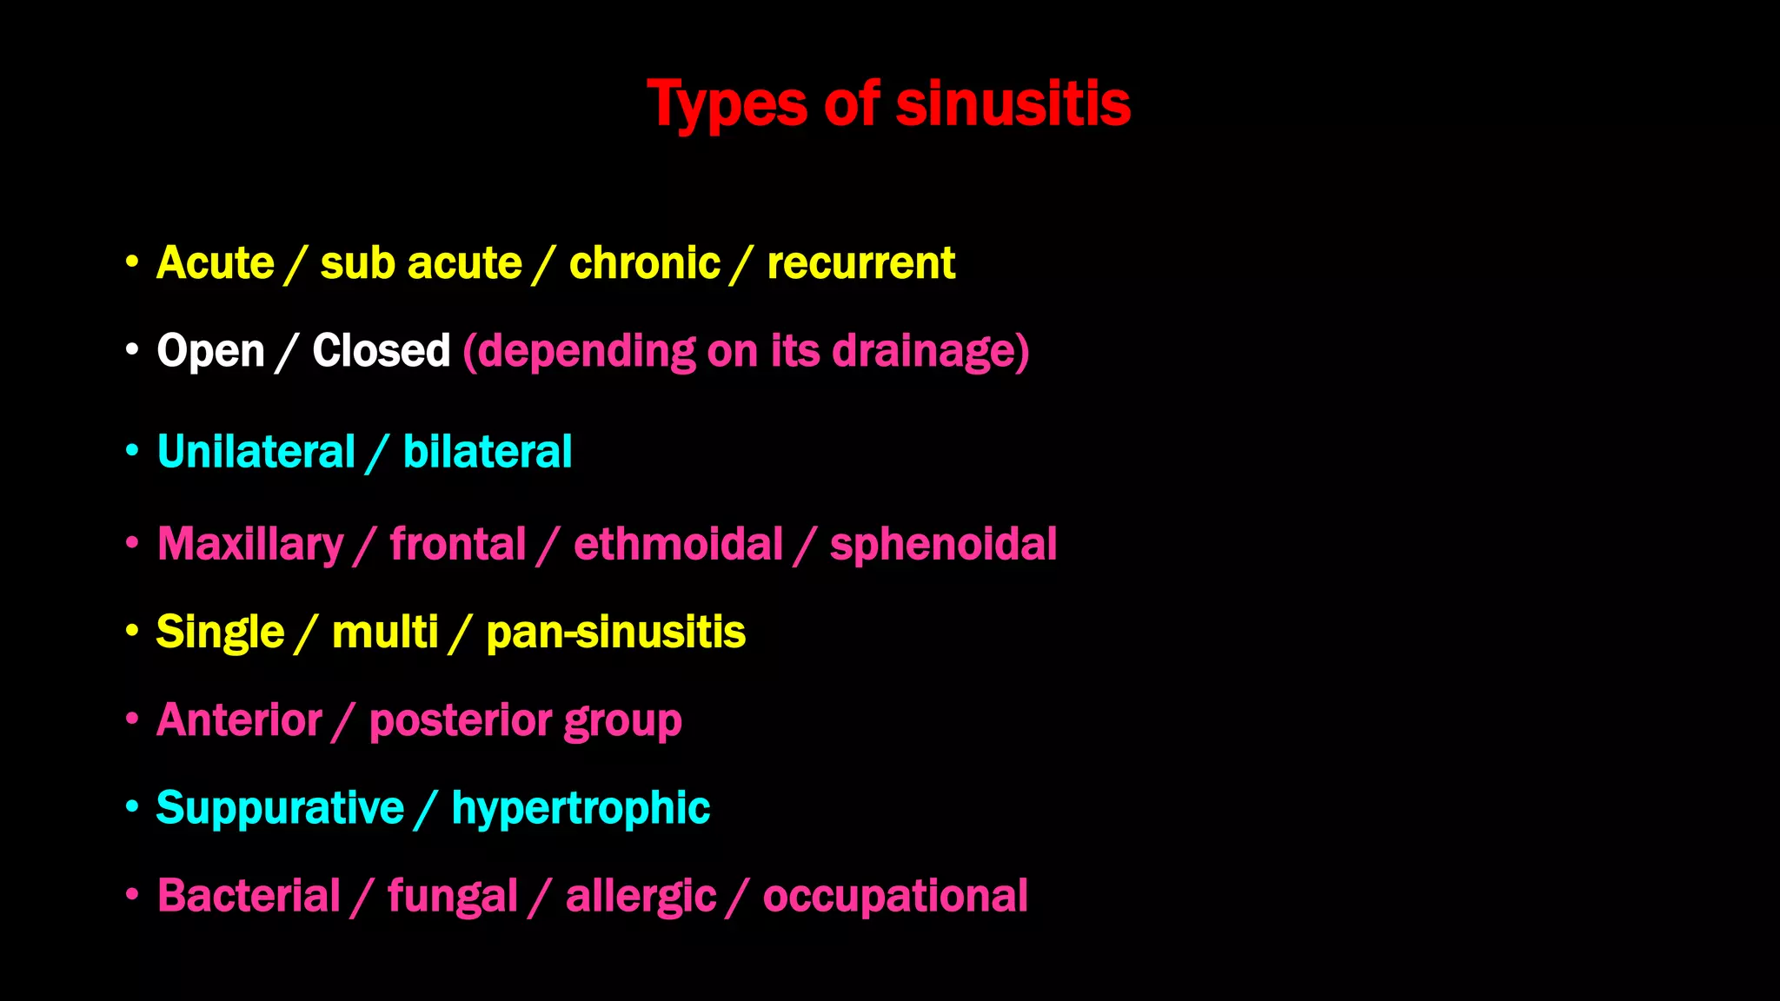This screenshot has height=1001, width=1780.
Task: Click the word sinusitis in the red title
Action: [1013, 104]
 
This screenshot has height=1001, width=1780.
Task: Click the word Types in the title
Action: [727, 104]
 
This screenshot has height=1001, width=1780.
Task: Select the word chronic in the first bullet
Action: [644, 263]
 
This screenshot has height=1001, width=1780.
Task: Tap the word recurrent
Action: [860, 263]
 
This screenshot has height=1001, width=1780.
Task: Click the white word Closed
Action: [381, 351]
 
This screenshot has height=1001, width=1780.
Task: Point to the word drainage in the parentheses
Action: [923, 351]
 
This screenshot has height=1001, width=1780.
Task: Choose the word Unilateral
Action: [256, 453]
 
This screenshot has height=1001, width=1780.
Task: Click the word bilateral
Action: [487, 453]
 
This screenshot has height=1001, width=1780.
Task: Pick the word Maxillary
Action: [250, 545]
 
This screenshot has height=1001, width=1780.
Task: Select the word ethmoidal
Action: [678, 545]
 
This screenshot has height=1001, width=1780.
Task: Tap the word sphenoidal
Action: [943, 545]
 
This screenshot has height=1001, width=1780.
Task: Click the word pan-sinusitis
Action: [615, 633]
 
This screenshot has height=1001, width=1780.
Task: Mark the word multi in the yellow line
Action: [384, 633]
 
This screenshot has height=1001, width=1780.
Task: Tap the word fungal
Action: [452, 897]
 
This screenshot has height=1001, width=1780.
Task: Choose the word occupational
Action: [895, 897]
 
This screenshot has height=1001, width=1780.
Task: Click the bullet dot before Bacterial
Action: [132, 893]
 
